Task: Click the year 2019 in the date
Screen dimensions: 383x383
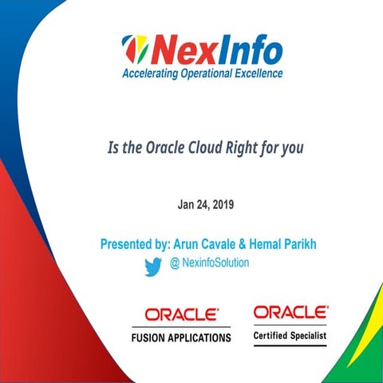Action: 219,205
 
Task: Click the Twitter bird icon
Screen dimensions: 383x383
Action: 153,266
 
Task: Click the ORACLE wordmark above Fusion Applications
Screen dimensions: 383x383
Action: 181,314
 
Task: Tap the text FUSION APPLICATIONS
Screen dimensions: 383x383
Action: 181,338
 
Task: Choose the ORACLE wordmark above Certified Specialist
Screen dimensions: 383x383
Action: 290,312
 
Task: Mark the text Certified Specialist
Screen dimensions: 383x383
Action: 290,337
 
